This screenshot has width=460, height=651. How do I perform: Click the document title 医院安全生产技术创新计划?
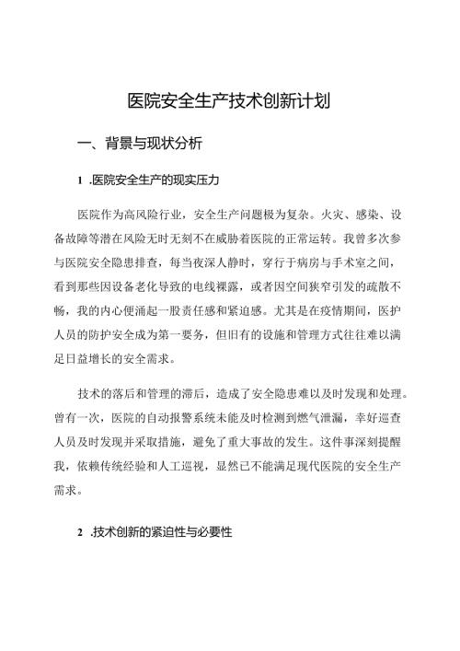tap(230, 101)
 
